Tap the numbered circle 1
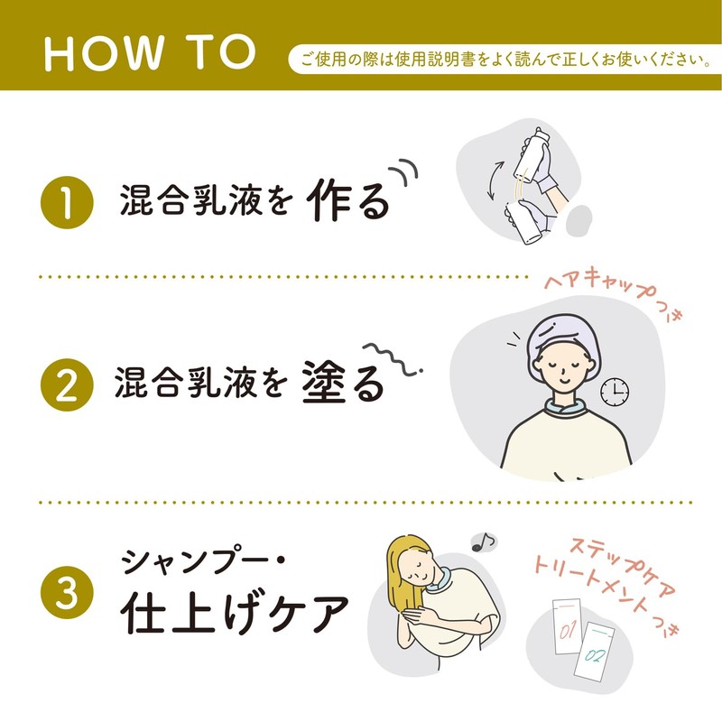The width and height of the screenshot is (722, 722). coord(67,202)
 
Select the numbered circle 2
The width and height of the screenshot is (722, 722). coord(67,384)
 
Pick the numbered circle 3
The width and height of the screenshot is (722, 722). coord(67,592)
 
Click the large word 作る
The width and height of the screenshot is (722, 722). coord(348,199)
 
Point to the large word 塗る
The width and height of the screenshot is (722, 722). coord(344,381)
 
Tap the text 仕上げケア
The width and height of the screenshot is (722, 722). coord(235,612)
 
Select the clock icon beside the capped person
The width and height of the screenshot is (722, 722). coord(615,392)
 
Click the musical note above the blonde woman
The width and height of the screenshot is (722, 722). coord(484,542)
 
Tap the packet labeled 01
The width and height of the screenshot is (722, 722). coord(568,626)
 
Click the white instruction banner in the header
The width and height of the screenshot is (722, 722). coord(505,60)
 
